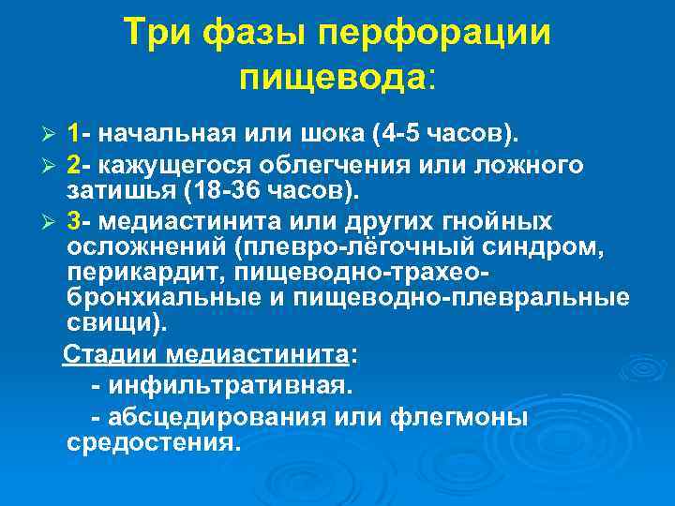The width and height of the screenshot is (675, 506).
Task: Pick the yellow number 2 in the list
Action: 74,166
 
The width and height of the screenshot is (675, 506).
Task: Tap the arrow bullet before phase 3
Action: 52,223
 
